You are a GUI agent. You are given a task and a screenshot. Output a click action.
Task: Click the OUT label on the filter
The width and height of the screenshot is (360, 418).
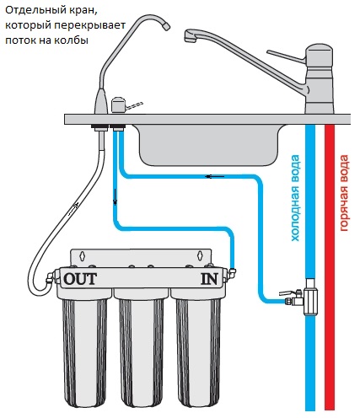pyautogui.click(x=80, y=279)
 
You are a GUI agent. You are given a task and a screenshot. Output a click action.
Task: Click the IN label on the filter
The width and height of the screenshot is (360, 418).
pyautogui.click(x=209, y=279)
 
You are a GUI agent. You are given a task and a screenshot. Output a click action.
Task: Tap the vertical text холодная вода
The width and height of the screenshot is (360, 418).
pyautogui.click(x=295, y=198)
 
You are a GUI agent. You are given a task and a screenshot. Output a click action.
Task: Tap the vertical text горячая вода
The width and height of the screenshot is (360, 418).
pyautogui.click(x=344, y=193)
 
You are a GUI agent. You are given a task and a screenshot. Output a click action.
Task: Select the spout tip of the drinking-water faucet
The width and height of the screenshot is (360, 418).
pyautogui.click(x=166, y=26)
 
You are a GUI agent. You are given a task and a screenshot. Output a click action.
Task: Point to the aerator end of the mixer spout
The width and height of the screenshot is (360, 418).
pyautogui.click(x=190, y=37)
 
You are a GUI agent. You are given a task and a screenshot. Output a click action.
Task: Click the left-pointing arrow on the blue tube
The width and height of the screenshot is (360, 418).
pyautogui.click(x=215, y=176)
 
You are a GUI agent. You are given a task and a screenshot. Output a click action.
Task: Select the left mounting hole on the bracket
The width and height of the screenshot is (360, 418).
pyautogui.click(x=82, y=255)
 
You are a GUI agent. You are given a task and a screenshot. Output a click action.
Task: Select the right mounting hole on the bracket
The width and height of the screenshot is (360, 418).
pyautogui.click(x=200, y=255)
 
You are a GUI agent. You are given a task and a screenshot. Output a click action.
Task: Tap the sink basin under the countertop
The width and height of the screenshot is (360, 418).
pyautogui.click(x=209, y=145)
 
